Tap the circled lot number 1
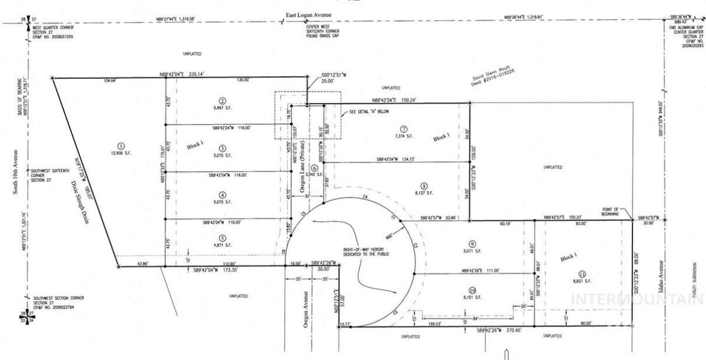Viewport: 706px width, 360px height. tap(121, 146)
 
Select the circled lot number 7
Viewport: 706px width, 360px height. tap(403, 129)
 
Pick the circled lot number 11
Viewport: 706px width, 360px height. tap(582, 273)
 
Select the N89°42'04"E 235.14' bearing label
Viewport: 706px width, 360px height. tap(181, 74)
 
